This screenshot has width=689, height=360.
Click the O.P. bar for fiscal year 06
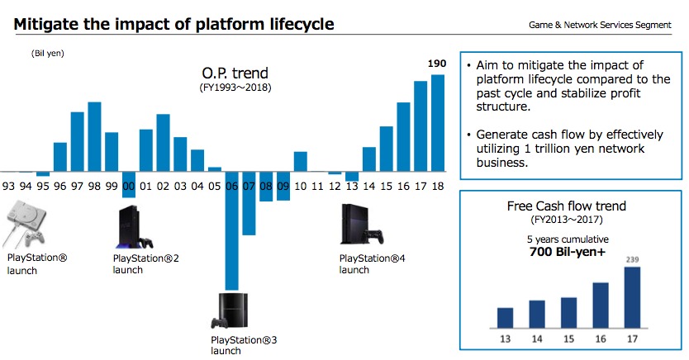pyautogui.click(x=231, y=230)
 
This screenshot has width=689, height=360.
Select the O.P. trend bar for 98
pyautogui.click(x=94, y=136)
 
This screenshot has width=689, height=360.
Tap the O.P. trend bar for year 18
pyautogui.click(x=438, y=123)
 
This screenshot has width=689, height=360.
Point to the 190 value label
pyautogui.click(x=437, y=64)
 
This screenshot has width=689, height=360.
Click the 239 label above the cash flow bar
pyautogui.click(x=632, y=259)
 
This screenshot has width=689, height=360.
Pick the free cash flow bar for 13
pyautogui.click(x=506, y=318)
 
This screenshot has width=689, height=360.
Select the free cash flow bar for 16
pyautogui.click(x=601, y=306)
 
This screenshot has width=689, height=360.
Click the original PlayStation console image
pyautogui.click(x=26, y=225)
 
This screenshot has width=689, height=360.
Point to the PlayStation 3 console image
pyautogui.click(x=230, y=311)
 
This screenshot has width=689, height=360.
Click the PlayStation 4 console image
pyautogui.click(x=362, y=225)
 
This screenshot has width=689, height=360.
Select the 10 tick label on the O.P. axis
pyautogui.click(x=300, y=187)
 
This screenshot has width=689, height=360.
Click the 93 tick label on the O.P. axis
pyautogui.click(x=8, y=187)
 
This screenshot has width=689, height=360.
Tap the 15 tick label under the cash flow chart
pyautogui.click(x=568, y=339)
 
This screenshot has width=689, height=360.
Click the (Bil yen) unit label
pyautogui.click(x=47, y=54)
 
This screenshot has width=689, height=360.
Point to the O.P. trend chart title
pyautogui.click(x=235, y=73)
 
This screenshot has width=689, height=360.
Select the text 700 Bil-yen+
pyautogui.click(x=568, y=252)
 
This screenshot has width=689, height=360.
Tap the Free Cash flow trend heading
pyautogui.click(x=567, y=206)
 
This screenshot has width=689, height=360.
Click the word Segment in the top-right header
pyautogui.click(x=653, y=25)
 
